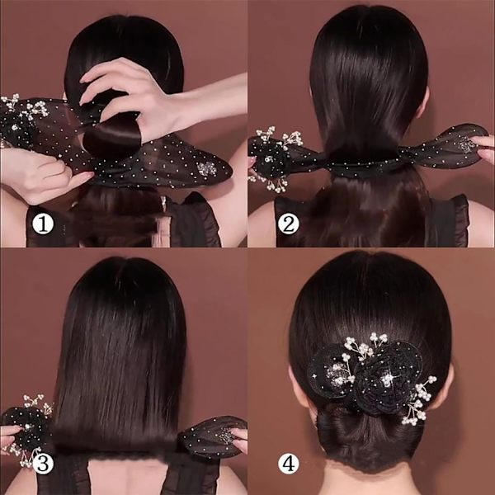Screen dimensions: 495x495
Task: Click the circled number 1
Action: pos(43,224)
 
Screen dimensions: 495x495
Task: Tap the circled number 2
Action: pos(288,224)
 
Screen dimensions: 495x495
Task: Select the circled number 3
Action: pos(43,464)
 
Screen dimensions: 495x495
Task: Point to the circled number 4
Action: pos(288,464)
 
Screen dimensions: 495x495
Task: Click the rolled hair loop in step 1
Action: pos(112,136)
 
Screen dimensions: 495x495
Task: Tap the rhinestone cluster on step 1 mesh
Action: pos(207,169)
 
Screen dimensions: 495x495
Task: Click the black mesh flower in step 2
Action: pos(271,158)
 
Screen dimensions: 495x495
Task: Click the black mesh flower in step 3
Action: pos(27,429)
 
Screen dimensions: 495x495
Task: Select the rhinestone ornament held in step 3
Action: pos(225,436)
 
